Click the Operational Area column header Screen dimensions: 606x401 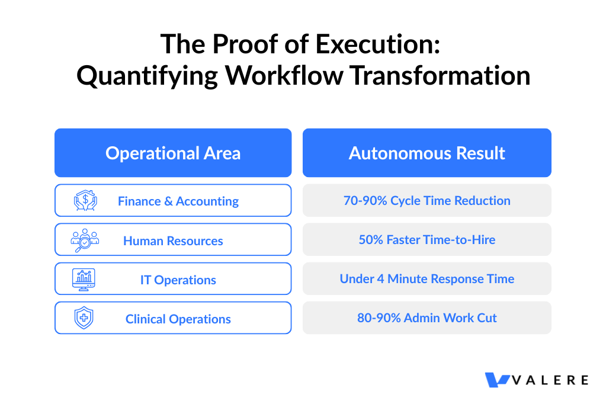tap(173, 153)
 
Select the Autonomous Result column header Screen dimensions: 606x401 tap(427, 153)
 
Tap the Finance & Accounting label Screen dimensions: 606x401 tap(178, 201)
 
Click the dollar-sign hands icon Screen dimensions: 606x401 tap(85, 200)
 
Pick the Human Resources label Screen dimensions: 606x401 tap(173, 240)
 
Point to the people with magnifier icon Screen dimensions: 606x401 tap(85, 240)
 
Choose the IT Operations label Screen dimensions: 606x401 tap(178, 280)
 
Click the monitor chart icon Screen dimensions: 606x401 tap(84, 280)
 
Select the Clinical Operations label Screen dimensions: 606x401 tap(178, 319)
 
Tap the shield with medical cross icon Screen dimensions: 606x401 tap(84, 318)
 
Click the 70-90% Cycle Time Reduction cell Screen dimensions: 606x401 tap(427, 200)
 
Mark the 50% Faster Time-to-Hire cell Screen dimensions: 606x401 tap(427, 239)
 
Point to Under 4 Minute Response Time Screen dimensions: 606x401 tap(427, 278)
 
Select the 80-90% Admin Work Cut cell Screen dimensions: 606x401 tap(427, 317)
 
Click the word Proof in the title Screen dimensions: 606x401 tap(245, 44)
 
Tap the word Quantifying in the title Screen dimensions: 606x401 tap(148, 76)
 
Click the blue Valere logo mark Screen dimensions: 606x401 tap(497, 380)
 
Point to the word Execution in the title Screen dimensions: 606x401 tap(378, 44)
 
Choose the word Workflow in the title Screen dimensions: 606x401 tap(284, 75)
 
